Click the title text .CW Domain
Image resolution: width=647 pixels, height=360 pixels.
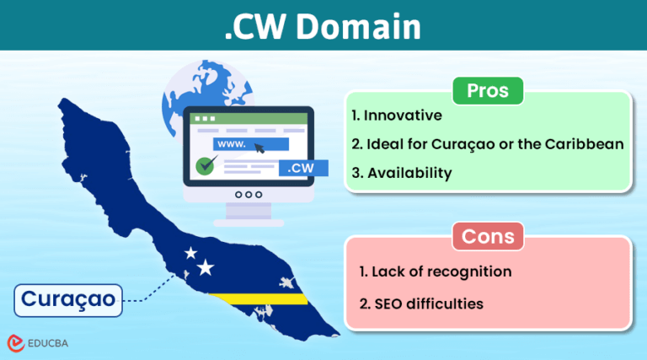coord(323,27)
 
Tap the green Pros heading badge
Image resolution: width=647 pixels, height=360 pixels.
coord(486,90)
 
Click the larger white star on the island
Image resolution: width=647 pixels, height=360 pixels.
coord(206,268)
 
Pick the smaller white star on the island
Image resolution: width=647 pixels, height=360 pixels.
coord(190,252)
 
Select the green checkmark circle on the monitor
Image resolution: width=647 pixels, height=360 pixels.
coord(203,165)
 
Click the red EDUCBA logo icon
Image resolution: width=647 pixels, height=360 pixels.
coord(15,342)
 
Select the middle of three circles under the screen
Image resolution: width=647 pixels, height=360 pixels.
coord(248,195)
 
